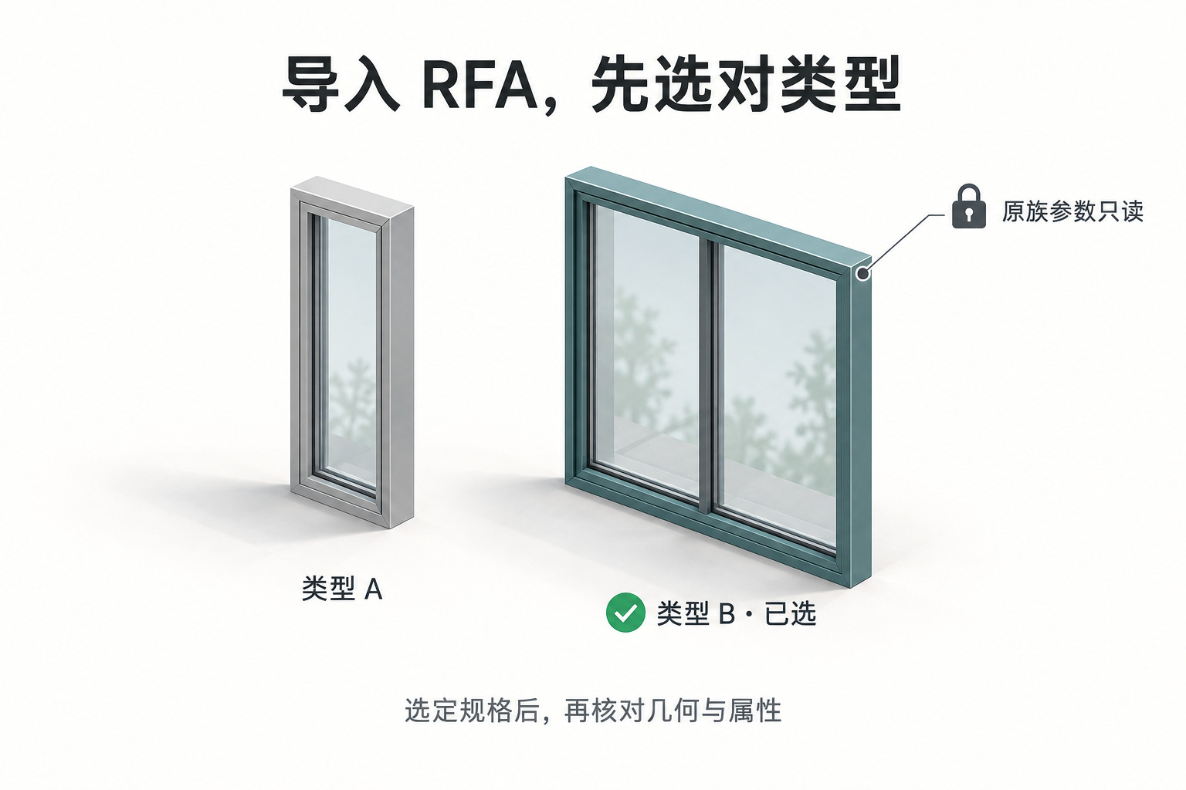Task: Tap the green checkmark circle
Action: [x=625, y=613]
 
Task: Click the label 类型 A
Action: [x=341, y=588]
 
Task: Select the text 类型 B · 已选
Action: [x=737, y=614]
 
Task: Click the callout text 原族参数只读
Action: [x=1072, y=211]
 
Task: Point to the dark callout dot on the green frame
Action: [x=863, y=274]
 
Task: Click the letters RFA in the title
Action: [x=479, y=86]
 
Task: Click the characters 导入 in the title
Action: [x=340, y=85]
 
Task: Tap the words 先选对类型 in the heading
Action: [x=746, y=85]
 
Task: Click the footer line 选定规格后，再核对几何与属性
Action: [x=593, y=710]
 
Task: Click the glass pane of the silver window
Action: [x=351, y=351]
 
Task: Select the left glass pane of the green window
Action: [x=646, y=350]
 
